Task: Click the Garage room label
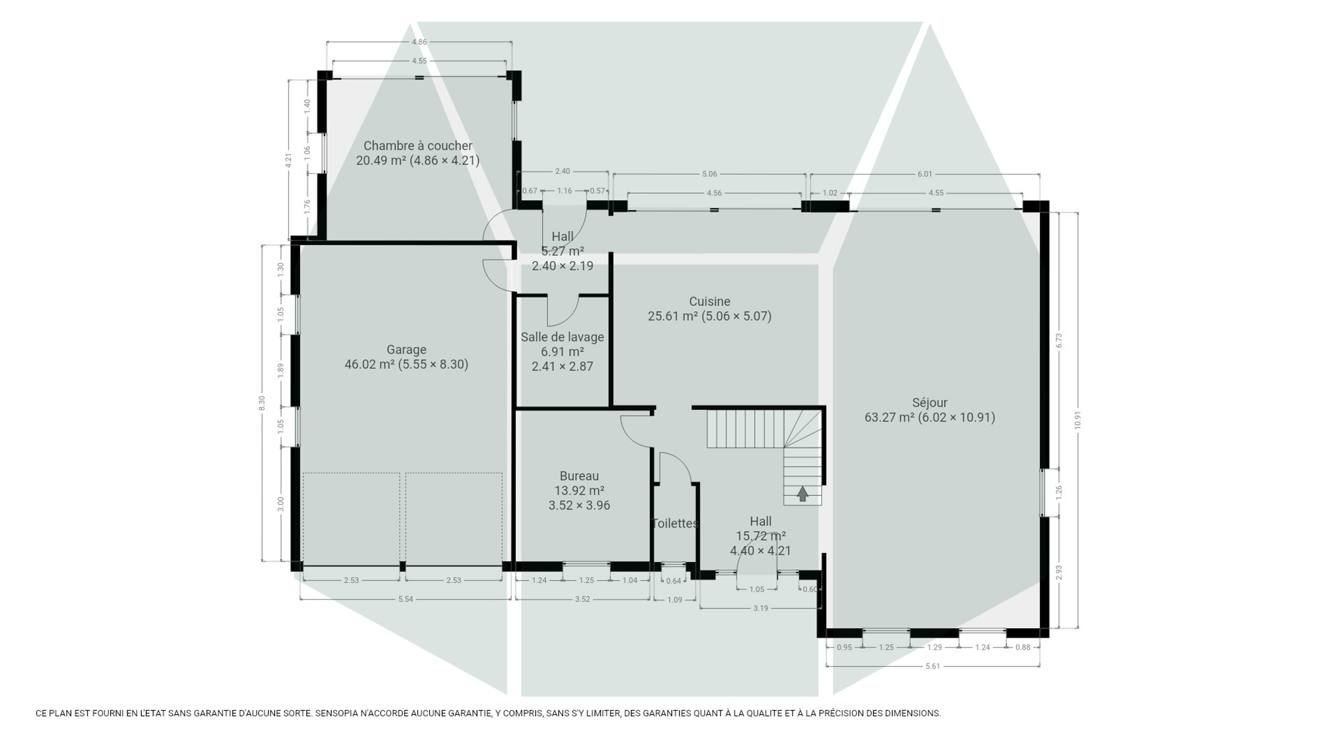[406, 349]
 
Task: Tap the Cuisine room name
[709, 301]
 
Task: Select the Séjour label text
[930, 403]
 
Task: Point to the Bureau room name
[579, 476]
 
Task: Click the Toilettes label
[675, 523]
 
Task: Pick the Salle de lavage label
[562, 337]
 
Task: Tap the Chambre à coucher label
[418, 146]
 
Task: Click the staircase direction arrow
[802, 494]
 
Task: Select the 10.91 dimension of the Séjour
[1077, 420]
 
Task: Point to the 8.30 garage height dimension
[262, 403]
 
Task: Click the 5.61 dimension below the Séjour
[933, 666]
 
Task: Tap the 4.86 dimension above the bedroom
[419, 42]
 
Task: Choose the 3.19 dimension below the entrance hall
[761, 608]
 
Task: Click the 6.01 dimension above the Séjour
[925, 174]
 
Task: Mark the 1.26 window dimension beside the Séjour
[1058, 492]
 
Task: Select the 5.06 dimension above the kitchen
[709, 174]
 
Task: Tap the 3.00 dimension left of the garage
[281, 504]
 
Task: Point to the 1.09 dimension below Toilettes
[675, 600]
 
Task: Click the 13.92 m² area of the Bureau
[579, 491]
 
